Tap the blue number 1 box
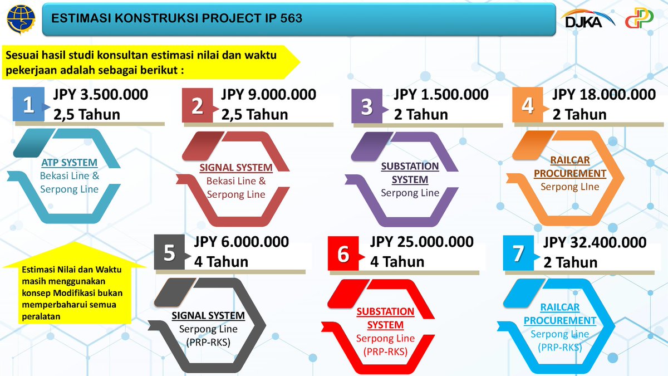28,105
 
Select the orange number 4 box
528,105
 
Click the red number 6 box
343,253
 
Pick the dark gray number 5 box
170,253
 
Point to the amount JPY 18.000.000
604,95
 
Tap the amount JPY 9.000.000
268,95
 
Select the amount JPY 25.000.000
422,242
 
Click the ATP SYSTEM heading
70,163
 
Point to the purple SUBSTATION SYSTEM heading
410,173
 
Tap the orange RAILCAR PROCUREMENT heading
570,167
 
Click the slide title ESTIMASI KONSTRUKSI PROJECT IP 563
176,19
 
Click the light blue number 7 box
519,253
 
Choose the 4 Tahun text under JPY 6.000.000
222,261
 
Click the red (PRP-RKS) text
385,351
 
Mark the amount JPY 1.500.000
441,95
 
